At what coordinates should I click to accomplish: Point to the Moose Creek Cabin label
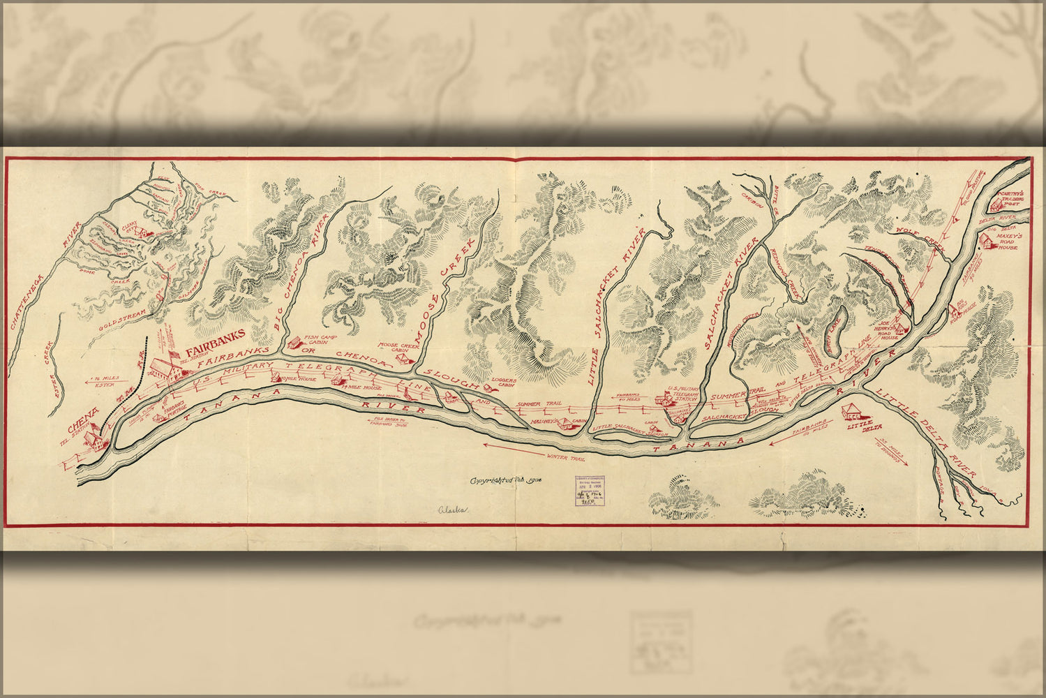point(394,347)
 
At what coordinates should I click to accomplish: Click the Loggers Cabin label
point(503,383)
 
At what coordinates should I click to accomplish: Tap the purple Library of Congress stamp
point(590,490)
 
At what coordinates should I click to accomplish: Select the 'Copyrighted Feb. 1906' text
point(506,480)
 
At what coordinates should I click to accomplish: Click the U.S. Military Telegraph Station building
point(666,399)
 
